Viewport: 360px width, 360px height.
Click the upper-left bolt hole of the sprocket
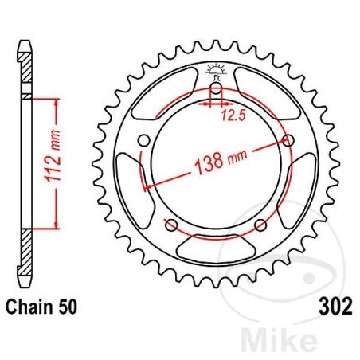[143, 142]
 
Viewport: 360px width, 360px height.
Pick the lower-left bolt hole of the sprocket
[170, 225]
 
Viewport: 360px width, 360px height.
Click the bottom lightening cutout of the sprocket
[214, 254]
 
